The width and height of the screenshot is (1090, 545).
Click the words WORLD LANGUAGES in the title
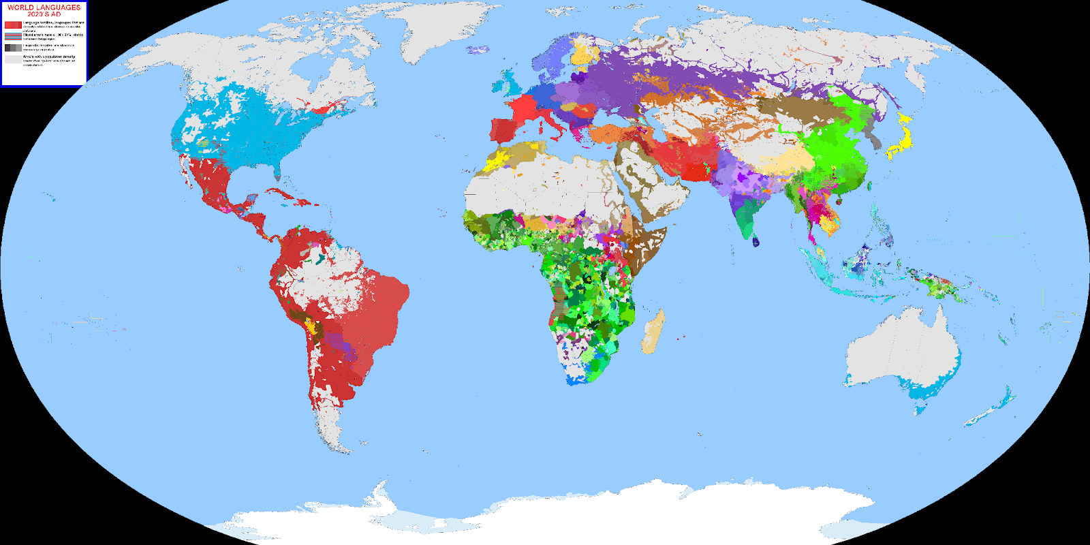(x=44, y=7)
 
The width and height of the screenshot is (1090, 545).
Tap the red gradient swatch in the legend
(x=13, y=25)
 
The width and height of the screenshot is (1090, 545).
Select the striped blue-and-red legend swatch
(x=13, y=36)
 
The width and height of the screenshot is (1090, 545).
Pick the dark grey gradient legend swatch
(x=13, y=48)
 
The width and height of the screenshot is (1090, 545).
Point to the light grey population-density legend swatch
(x=13, y=59)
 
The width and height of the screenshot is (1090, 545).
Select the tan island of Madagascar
(x=652, y=332)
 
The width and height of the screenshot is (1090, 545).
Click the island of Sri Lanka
(x=755, y=240)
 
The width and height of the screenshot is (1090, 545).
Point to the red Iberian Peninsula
(x=504, y=129)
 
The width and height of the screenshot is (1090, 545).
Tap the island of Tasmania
(x=920, y=409)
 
